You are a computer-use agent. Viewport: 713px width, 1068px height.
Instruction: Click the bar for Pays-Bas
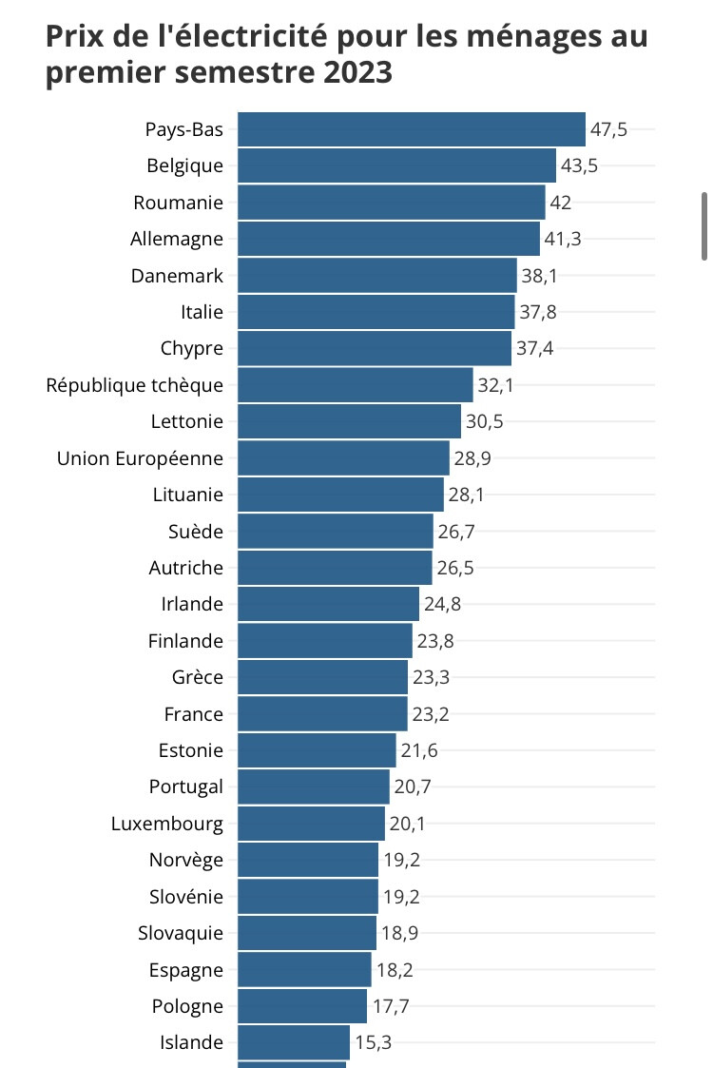point(411,129)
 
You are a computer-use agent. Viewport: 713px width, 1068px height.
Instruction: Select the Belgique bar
point(396,165)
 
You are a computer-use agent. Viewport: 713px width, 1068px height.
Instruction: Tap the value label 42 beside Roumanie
point(560,203)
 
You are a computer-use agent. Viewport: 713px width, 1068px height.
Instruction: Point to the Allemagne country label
point(177,239)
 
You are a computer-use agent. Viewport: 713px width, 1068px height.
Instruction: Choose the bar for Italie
point(376,312)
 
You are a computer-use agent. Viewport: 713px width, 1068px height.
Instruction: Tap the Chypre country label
point(192,349)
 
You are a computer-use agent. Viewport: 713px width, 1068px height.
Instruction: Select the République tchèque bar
point(355,385)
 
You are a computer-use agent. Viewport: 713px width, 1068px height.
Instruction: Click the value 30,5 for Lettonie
point(484,422)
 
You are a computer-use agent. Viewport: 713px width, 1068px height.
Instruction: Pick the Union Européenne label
point(141,458)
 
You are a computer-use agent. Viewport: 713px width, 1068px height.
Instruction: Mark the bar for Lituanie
point(340,495)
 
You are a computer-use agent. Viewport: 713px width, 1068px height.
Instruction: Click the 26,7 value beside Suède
point(455,531)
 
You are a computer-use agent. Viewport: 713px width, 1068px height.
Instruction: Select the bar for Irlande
point(328,604)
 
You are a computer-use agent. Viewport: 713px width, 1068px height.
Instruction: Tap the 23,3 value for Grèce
point(430,677)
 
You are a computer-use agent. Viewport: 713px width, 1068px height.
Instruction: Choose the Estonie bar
point(317,750)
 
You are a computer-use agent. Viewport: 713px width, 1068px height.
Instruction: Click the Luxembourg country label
point(167,824)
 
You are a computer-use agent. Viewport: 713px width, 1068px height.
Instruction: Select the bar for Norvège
point(308,860)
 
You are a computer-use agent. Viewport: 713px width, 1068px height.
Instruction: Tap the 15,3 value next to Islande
point(373,1042)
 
